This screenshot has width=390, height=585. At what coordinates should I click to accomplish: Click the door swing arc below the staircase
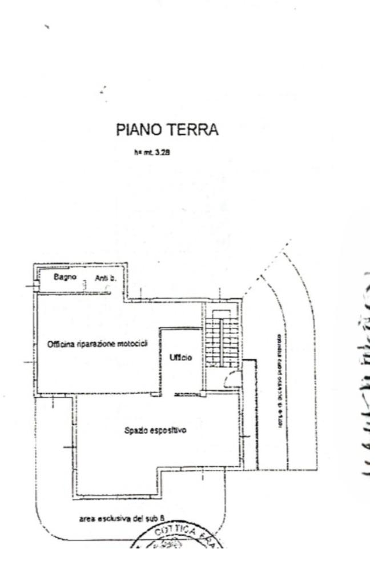pyautogui.click(x=232, y=379)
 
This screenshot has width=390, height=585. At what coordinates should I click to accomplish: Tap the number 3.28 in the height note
pyautogui.click(x=156, y=153)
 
